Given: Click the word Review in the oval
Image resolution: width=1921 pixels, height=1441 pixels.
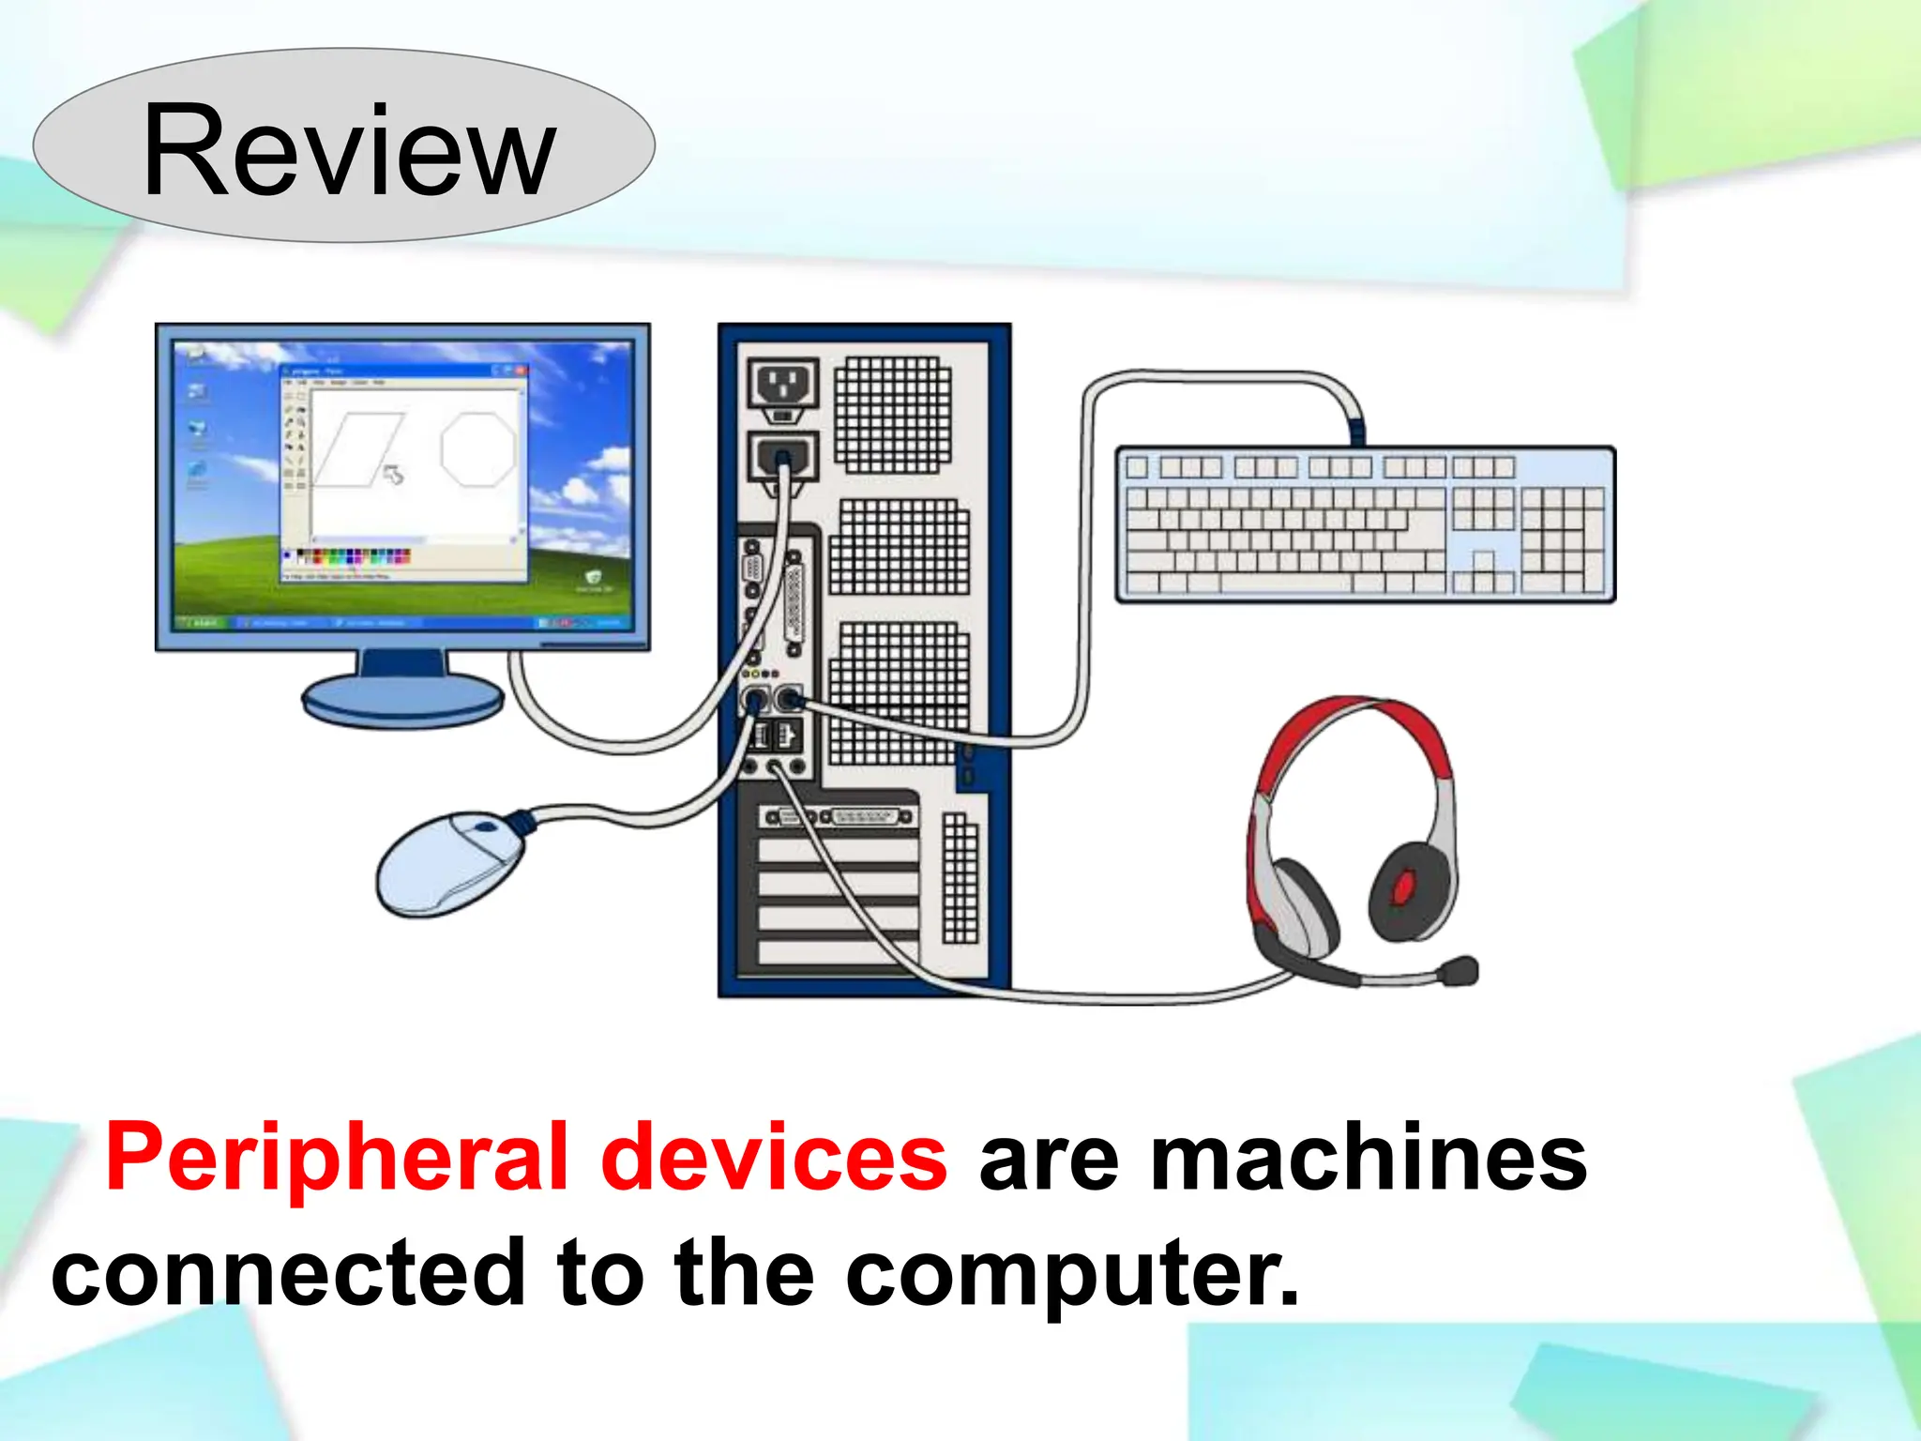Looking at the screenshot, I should coord(349,150).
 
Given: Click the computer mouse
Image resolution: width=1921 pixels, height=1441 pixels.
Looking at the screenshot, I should coord(449,863).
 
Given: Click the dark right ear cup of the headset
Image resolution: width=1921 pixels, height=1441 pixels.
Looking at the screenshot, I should coord(1413,891).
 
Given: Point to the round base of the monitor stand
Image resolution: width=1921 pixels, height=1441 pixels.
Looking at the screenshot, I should coord(402,700).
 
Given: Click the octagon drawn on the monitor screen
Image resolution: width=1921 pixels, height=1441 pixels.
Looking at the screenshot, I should coord(478,448).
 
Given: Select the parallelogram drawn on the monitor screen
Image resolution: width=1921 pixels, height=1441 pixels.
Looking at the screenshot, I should coord(359,448).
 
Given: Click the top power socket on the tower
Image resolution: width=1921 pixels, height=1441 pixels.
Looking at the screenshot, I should coord(783,384).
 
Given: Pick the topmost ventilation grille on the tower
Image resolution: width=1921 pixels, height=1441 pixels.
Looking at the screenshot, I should coord(892,415).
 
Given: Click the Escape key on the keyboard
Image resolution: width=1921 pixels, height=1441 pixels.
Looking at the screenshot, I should coord(1137,467).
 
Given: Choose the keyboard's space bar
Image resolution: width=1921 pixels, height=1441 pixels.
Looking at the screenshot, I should coord(1285,583).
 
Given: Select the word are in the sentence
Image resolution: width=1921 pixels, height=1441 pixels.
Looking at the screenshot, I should coord(1049,1159).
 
